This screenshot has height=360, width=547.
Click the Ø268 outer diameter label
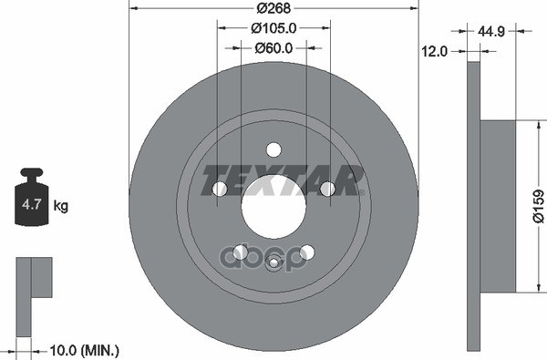pyautogui.click(x=273, y=8)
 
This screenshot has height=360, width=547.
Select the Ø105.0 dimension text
pyautogui.click(x=273, y=27)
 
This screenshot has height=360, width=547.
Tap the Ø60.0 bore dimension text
pyautogui.click(x=273, y=47)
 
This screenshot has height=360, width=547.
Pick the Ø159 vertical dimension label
pyautogui.click(x=538, y=206)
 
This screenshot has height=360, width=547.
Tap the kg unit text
pyautogui.click(x=61, y=206)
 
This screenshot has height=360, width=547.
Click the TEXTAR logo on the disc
pyautogui.click(x=283, y=174)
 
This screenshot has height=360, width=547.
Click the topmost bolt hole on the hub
pyautogui.click(x=273, y=150)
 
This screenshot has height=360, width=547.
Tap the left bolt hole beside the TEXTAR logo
pyautogui.click(x=220, y=189)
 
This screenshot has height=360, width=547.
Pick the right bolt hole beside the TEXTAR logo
pyautogui.click(x=327, y=189)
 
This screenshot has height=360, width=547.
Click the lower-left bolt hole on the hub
pyautogui.click(x=241, y=252)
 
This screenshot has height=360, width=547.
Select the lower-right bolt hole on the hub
pyautogui.click(x=307, y=252)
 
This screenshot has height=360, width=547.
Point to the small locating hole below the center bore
pyautogui.click(x=273, y=263)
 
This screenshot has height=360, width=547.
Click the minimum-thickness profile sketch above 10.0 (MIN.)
pyautogui.click(x=34, y=278)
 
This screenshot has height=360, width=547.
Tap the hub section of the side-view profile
pyautogui.click(x=497, y=206)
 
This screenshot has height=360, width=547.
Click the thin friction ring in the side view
pyautogui.click(x=472, y=206)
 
